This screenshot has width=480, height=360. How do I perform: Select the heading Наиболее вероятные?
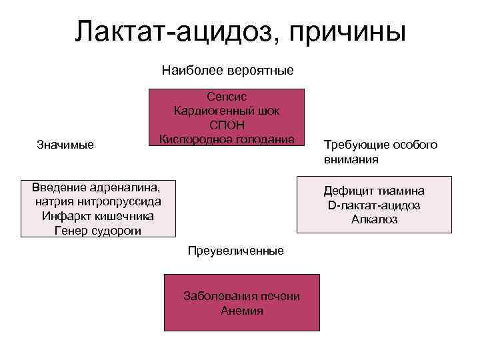click(227, 71)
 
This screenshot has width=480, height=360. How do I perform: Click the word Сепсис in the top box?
click(227, 97)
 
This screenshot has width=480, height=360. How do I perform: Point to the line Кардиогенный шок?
click(227, 111)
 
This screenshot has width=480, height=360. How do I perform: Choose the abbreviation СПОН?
click(227, 125)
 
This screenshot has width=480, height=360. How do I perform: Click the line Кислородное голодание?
click(227, 139)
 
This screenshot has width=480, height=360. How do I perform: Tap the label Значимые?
click(65, 145)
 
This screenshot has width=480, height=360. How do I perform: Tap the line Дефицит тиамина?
click(374, 191)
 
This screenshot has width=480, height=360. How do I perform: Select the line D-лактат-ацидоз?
click(374, 205)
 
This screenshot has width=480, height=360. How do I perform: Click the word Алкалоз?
click(374, 219)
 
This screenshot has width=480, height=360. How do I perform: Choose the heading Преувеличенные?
click(235, 251)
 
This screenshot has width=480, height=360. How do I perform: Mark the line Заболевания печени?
click(241, 297)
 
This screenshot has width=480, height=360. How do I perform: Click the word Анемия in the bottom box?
click(241, 311)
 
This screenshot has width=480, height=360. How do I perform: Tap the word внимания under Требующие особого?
click(351, 160)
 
